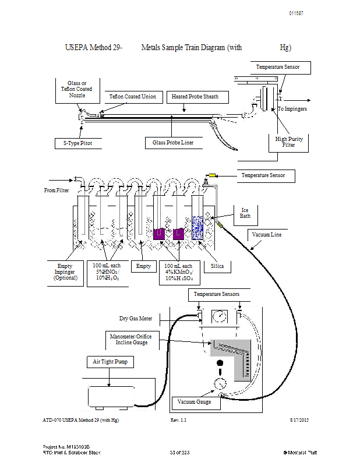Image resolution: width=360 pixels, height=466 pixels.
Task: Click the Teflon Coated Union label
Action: pos(133,97)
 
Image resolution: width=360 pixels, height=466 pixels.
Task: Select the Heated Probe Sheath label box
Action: pos(197,97)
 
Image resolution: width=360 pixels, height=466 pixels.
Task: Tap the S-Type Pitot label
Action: pos(77,143)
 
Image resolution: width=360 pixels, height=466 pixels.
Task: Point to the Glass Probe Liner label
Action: pos(173,143)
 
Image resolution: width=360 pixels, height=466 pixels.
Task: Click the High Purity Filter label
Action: pos(289,142)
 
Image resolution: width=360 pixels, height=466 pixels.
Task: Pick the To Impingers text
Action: pos(292,109)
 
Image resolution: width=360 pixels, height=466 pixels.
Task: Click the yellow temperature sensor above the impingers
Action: pos(212,175)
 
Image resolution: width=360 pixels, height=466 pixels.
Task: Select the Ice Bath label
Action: pos(245,213)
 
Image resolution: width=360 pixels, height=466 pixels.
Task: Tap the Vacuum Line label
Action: pos(267,235)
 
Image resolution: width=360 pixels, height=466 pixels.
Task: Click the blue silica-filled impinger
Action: pos(197,228)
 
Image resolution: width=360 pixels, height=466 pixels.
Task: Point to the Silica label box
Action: pos(217,267)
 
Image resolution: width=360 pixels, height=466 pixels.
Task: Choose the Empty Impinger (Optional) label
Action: pos(65,272)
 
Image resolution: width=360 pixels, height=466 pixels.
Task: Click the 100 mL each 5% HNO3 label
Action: pos(107,271)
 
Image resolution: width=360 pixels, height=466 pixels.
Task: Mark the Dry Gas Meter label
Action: pos(136,319)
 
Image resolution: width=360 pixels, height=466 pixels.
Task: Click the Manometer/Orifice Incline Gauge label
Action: pos(131,340)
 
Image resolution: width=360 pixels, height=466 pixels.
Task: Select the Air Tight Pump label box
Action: pos(110,362)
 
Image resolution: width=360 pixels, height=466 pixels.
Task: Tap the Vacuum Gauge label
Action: pos(194,402)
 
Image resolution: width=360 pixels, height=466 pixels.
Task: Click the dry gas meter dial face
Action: pos(220,316)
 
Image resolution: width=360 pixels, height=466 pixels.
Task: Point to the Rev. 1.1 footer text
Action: pos(178,420)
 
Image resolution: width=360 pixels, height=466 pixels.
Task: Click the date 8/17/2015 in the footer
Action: pos(299,420)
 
